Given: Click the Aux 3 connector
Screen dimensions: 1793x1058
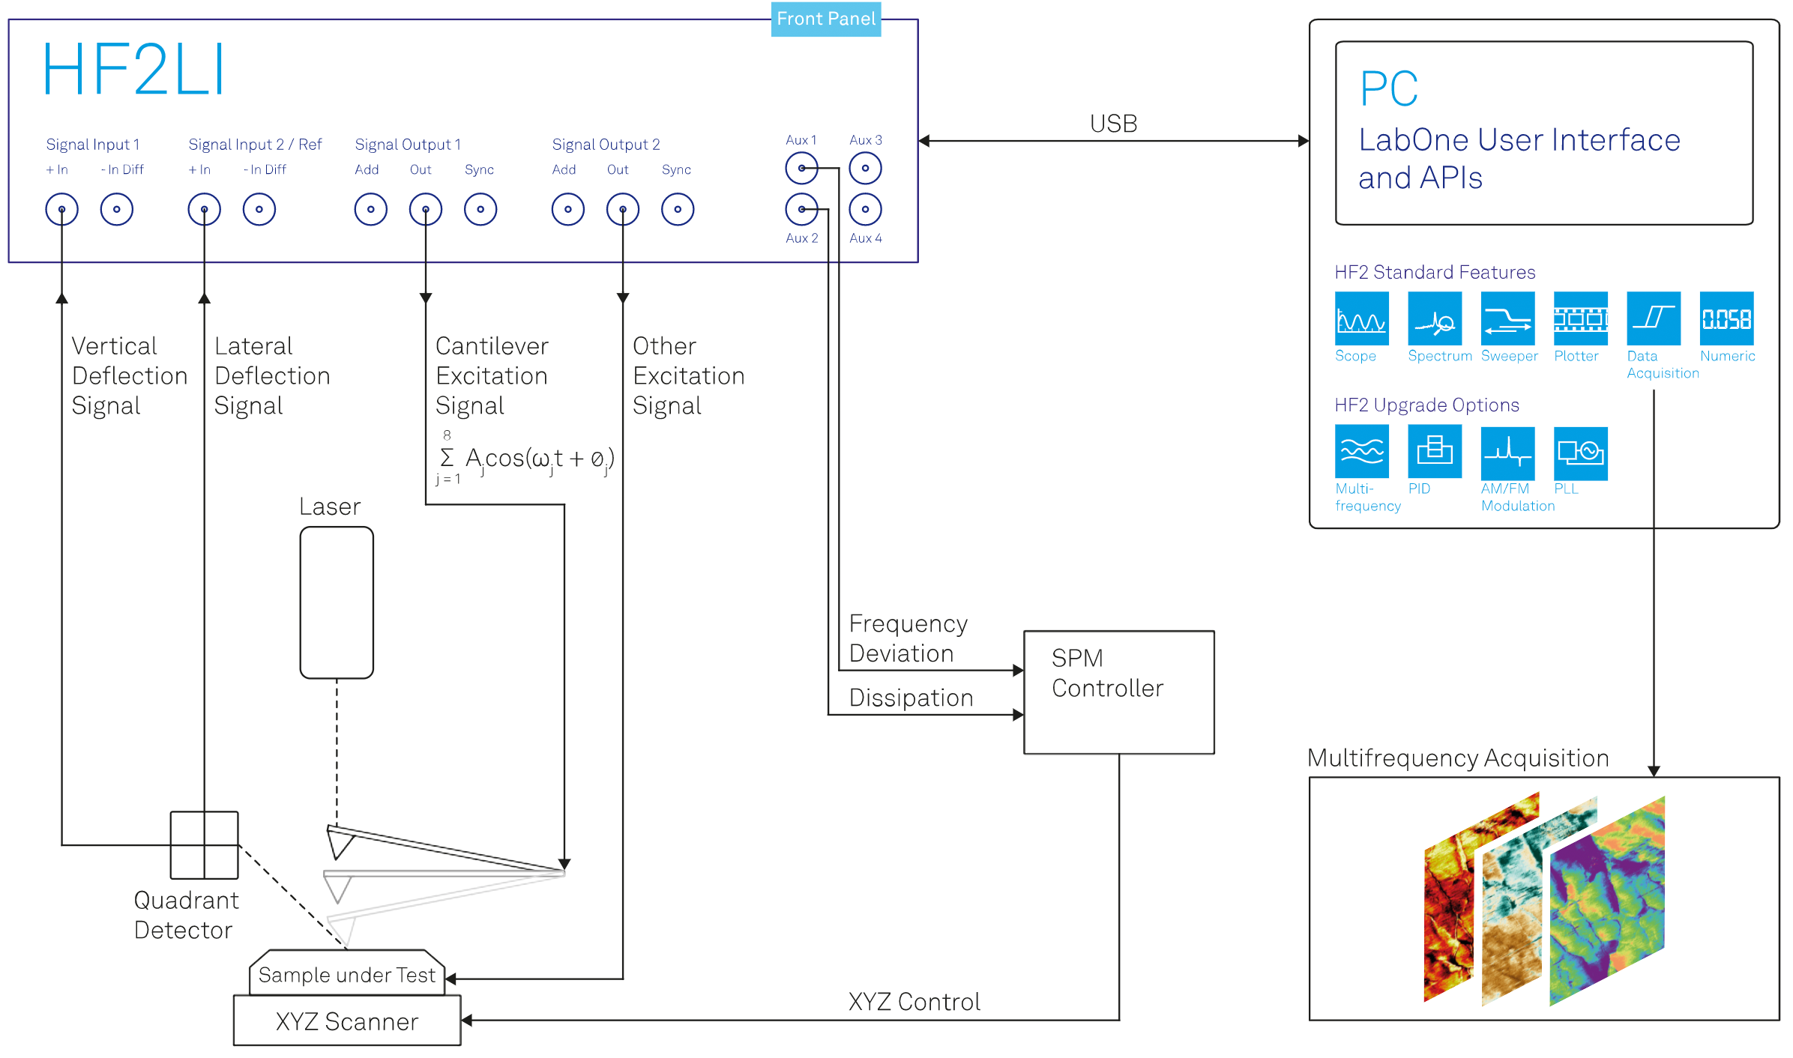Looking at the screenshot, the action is (865, 168).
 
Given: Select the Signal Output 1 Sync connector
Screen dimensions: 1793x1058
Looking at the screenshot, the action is (480, 209).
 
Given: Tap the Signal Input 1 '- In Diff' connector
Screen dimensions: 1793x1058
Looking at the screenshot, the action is (117, 209).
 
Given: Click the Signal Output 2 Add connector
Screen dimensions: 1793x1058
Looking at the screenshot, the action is (568, 209).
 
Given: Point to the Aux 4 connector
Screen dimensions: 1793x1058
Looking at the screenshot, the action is (865, 209).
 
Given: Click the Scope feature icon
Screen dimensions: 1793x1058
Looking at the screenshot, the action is (1361, 318).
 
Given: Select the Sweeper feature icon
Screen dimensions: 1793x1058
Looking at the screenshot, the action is (1507, 318).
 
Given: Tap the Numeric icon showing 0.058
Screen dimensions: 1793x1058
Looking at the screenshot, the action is (1726, 318).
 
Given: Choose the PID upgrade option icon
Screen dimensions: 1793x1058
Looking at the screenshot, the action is (1435, 451).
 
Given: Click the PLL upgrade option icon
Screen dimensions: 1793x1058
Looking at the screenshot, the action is (1581, 453).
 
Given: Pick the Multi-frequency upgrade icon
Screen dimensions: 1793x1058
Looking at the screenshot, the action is (1361, 451).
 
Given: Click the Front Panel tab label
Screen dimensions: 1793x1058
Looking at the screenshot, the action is (826, 19).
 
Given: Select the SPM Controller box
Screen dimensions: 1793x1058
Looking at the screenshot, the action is (1119, 692).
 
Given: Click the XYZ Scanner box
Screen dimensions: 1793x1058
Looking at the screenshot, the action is (347, 1020).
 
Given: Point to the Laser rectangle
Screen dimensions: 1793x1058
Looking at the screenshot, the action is (337, 602).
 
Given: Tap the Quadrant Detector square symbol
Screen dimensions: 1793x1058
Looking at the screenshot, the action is (204, 845).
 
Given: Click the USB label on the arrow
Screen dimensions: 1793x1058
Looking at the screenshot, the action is (1113, 124).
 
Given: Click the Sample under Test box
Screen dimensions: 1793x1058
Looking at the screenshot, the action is (347, 973).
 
